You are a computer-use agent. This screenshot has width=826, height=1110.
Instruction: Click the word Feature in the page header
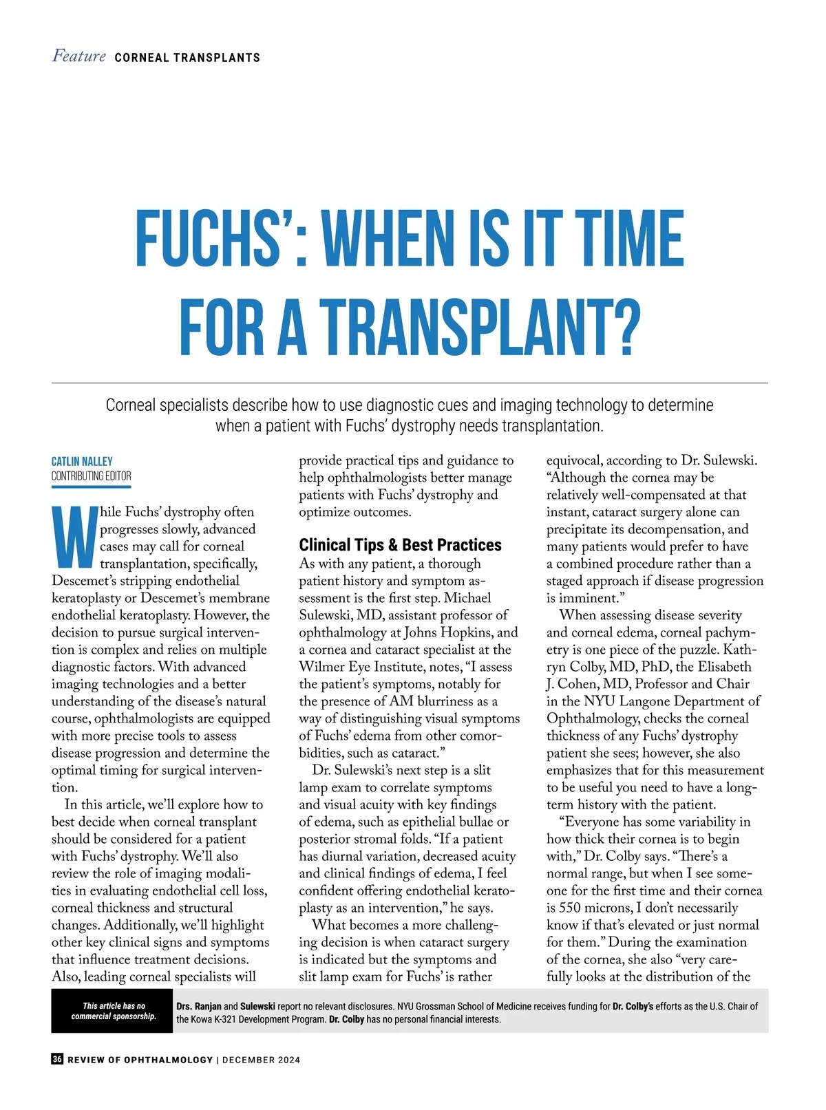78,56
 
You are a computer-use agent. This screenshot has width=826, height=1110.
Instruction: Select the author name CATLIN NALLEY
82,461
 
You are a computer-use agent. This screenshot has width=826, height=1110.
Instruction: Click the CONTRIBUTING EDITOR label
91,476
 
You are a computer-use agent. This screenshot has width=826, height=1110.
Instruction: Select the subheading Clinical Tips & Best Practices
400,545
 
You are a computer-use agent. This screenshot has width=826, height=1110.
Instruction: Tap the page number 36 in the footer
57,1059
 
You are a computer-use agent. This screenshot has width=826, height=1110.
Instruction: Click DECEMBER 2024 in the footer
261,1060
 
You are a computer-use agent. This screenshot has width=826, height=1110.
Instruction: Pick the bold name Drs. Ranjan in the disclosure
199,1006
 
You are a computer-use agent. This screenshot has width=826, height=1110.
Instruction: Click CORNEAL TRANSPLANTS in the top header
187,58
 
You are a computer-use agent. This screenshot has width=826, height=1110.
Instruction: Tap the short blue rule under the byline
91,487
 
